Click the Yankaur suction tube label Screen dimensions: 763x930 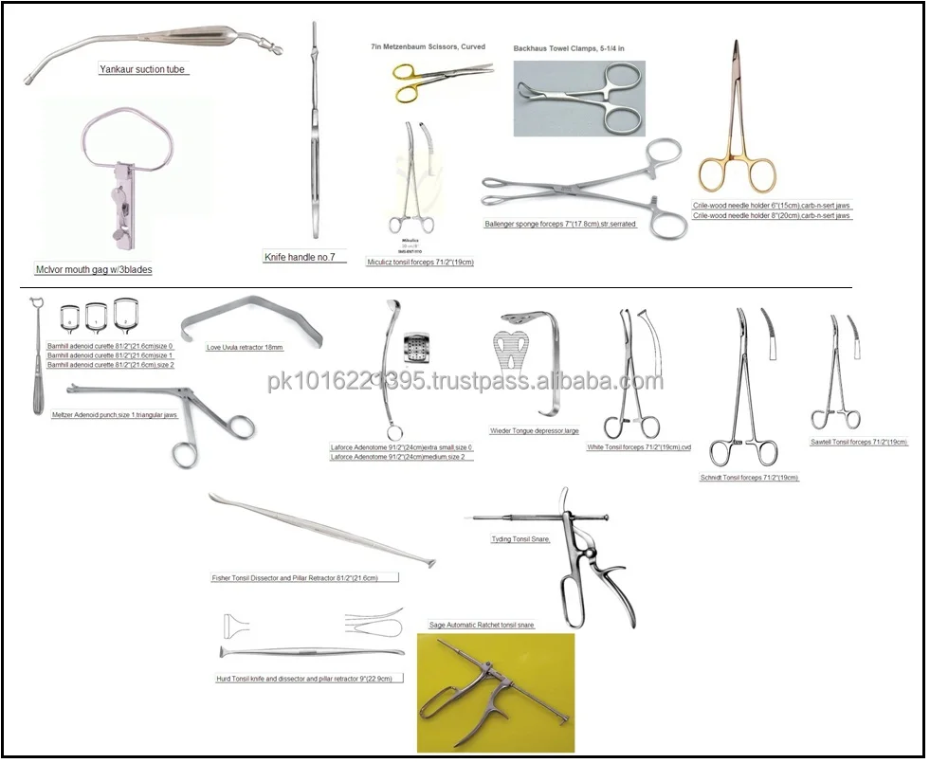144,69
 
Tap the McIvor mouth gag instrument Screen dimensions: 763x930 127,180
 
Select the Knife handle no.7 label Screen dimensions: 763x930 304,257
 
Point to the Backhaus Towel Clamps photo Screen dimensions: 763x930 579,99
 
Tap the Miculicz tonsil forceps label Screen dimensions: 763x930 420,262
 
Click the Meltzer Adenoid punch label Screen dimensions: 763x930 115,415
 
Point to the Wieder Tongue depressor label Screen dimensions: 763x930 535,430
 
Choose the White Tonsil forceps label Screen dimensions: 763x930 640,446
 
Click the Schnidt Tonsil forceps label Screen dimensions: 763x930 749,478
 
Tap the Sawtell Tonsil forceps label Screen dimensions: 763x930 859,442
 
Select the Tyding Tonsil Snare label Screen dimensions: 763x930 520,538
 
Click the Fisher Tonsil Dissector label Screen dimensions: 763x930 304,577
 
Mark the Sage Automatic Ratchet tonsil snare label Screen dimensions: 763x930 482,626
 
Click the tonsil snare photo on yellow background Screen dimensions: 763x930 495,692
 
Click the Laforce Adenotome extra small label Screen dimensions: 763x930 401,446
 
